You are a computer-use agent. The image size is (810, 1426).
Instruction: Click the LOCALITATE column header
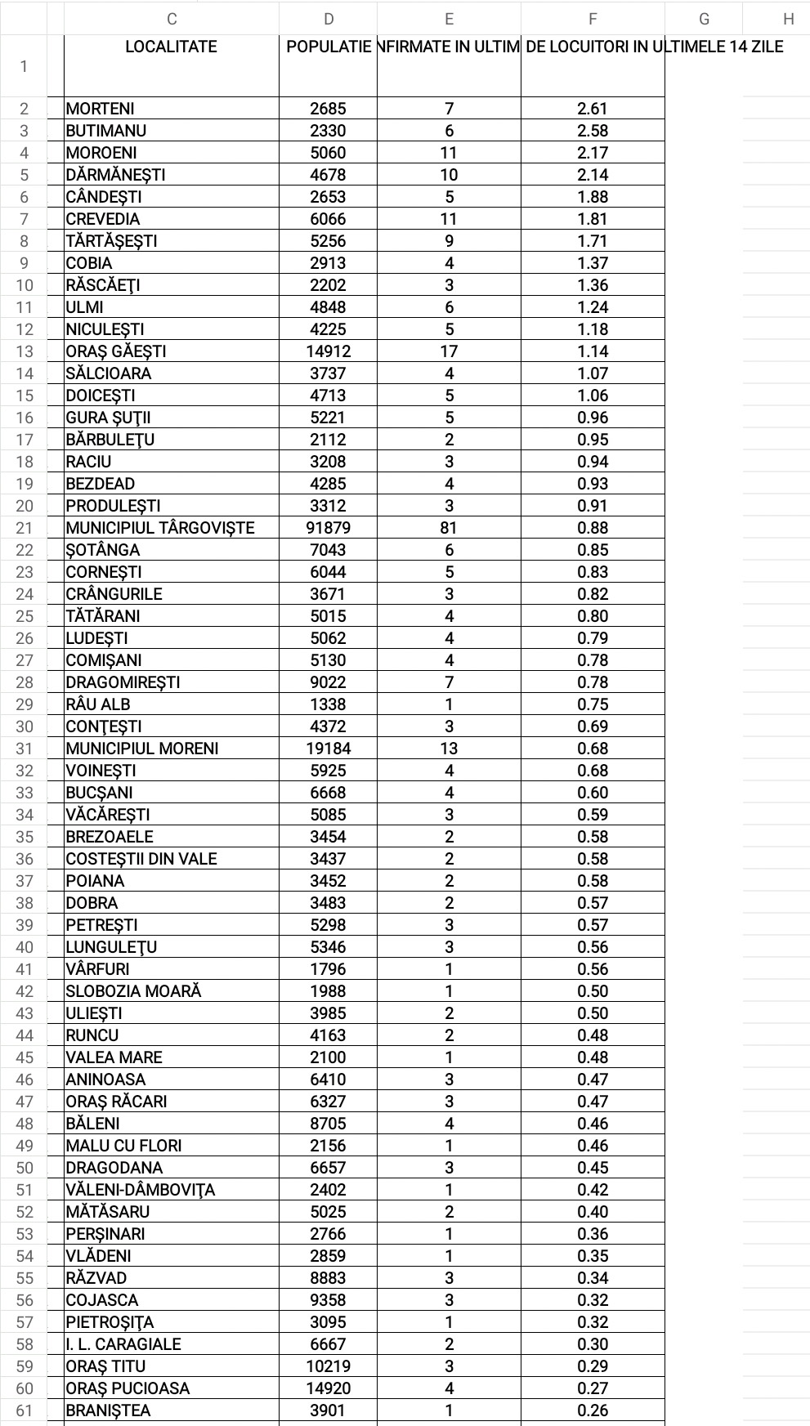coord(171,47)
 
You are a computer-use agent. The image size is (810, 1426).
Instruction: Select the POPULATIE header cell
coord(328,47)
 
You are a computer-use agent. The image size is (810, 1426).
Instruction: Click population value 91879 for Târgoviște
coord(328,528)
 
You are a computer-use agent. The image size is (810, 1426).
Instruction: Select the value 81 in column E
coord(449,528)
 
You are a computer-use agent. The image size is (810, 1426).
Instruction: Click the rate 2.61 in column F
coord(593,109)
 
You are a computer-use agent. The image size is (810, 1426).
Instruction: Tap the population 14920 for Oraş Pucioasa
coord(328,1388)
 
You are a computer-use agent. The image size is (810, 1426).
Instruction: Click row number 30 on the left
coord(25,726)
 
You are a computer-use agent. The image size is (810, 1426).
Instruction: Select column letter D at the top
coord(328,19)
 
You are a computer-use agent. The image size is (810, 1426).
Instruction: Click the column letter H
coord(788,19)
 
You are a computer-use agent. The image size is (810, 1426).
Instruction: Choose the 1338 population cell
coord(328,704)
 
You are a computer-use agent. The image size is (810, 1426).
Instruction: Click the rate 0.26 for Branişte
coord(593,1410)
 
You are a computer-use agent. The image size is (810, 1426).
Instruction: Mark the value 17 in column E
coord(449,351)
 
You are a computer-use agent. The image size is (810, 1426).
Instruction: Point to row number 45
coord(25,1057)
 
